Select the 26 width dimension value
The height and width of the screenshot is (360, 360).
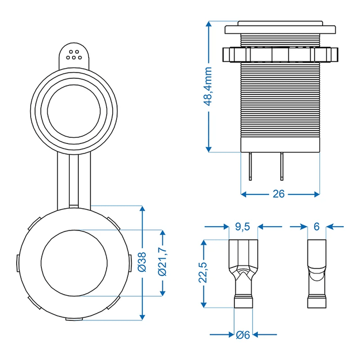pyautogui.click(x=279, y=194)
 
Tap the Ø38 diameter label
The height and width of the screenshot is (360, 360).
pyautogui.click(x=142, y=262)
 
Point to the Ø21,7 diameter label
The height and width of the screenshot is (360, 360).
pyautogui.click(x=163, y=262)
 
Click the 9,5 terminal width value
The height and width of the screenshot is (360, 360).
pyautogui.click(x=243, y=227)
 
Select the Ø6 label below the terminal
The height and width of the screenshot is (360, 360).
pyautogui.click(x=243, y=335)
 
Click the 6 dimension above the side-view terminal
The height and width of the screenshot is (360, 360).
pyautogui.click(x=316, y=227)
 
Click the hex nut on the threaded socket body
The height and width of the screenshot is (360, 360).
pyautogui.click(x=280, y=55)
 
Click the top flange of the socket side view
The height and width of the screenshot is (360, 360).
pyautogui.click(x=280, y=27)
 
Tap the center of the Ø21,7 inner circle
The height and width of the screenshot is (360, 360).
pyautogui.click(x=74, y=262)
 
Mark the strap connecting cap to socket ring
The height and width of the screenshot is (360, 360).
pyautogui.click(x=74, y=179)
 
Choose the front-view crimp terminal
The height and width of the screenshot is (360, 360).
pyautogui.click(x=243, y=273)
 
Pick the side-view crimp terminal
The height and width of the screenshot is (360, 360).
pyautogui.click(x=316, y=273)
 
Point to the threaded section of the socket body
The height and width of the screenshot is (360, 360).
pyautogui.click(x=280, y=106)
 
